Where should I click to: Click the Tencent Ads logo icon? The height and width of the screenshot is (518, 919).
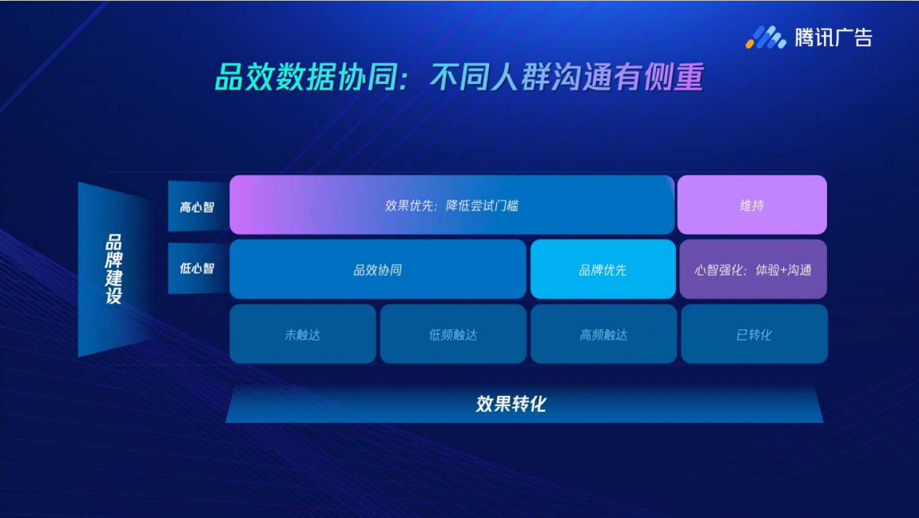pos(766,38)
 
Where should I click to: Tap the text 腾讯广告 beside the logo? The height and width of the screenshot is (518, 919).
pos(833,38)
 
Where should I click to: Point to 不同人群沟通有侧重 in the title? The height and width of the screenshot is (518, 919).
pos(566,78)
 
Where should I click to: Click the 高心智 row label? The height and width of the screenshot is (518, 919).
pos(197,207)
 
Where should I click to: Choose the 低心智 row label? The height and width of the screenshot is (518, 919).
pos(197,269)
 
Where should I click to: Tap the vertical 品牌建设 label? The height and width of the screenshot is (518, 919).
pos(113,269)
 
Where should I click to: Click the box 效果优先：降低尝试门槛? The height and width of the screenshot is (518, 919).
pos(452,205)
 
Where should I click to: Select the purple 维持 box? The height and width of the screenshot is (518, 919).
pos(752,205)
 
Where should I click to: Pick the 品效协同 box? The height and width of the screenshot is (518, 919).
pos(377,269)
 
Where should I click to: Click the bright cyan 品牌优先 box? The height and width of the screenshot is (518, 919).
pos(603,269)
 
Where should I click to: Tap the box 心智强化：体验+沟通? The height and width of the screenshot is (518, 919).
pos(753,269)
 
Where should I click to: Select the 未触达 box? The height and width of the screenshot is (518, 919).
pos(302,334)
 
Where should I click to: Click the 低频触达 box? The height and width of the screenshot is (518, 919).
pos(453,334)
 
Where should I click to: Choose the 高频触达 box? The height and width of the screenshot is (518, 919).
pos(603,334)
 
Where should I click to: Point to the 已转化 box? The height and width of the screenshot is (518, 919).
pos(754,334)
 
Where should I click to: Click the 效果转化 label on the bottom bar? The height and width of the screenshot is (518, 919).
pos(511,404)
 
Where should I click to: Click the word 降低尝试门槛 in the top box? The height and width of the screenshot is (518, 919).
pos(482,205)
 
